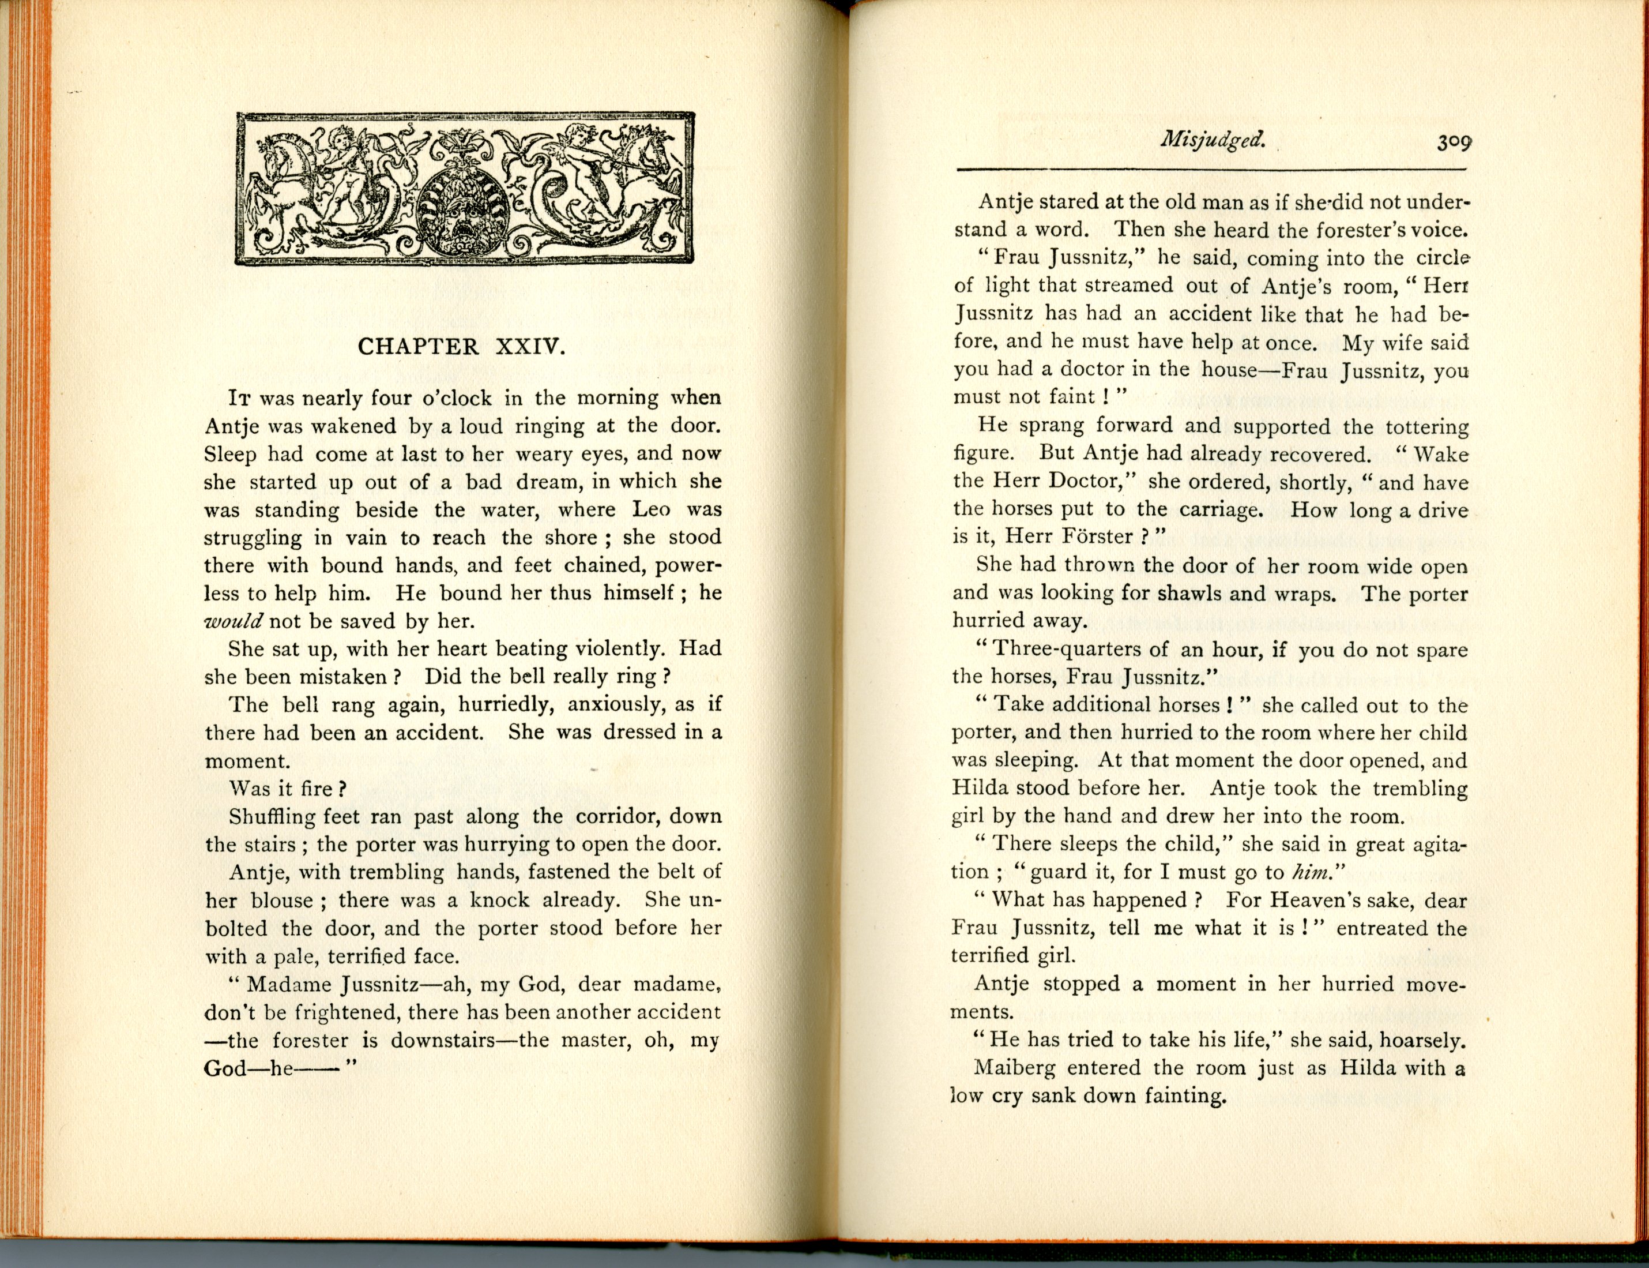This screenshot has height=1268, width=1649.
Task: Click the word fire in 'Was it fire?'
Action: [316, 789]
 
